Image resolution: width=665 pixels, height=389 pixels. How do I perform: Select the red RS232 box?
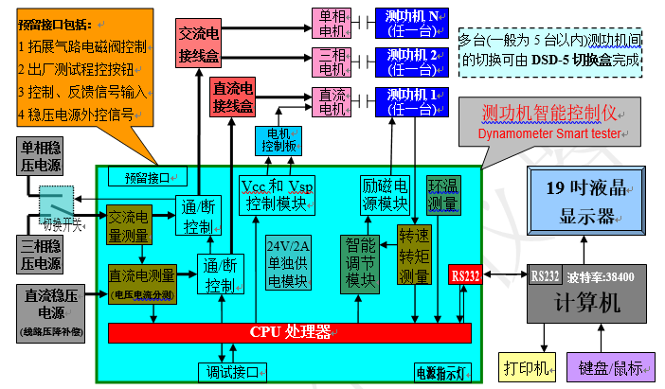pyautogui.click(x=465, y=276)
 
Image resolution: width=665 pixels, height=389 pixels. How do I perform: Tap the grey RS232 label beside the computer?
pyautogui.click(x=545, y=276)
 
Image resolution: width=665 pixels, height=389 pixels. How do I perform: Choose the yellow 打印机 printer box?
pyautogui.click(x=524, y=366)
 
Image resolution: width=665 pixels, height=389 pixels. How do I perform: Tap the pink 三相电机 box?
pyautogui.click(x=332, y=62)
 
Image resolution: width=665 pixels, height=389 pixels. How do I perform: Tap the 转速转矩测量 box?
pyautogui.click(x=414, y=255)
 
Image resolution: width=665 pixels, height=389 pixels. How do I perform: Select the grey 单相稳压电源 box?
pyautogui.click(x=43, y=157)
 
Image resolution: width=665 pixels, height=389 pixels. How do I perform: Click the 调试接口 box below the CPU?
pyautogui.click(x=227, y=371)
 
